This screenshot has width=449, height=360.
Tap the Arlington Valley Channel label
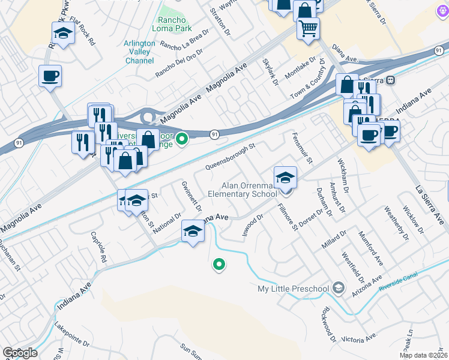tap(139, 52)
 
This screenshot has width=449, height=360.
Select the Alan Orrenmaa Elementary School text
tap(241, 190)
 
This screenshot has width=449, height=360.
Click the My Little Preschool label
tap(294, 289)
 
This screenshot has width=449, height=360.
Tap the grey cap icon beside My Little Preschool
tap(339, 289)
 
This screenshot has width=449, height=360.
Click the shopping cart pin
tap(309, 28)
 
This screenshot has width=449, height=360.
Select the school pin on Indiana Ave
tap(192, 231)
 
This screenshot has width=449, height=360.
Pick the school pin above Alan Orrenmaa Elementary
tap(285, 177)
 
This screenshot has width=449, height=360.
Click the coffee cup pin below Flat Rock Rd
tap(50, 76)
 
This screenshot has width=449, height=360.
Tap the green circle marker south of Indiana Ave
tap(219, 264)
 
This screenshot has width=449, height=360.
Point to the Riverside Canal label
tap(399, 284)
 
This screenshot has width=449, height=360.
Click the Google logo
tap(19, 353)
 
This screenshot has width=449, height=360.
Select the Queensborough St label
tap(231, 155)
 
